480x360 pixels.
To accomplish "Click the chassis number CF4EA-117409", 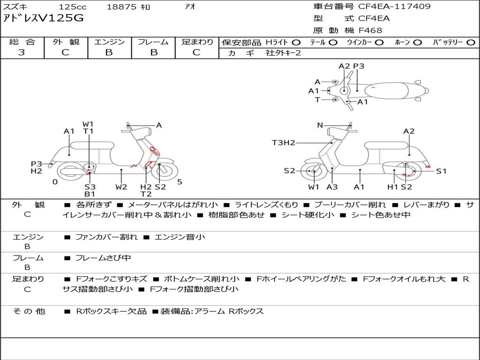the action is [x=394, y=6].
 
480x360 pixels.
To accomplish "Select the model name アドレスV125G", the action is [x=43, y=18].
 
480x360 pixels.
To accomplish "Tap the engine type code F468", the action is [x=370, y=30].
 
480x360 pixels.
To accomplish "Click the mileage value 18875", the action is [x=121, y=7].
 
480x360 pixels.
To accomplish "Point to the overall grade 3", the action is [x=22, y=52].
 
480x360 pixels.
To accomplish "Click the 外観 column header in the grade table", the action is [x=66, y=42].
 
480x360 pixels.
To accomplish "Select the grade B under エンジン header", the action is [x=109, y=52].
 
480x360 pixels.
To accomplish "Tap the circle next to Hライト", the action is [x=296, y=43].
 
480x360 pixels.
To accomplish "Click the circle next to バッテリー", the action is [x=471, y=43].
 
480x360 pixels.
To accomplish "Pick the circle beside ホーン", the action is [x=418, y=43].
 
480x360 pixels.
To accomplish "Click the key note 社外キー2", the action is [x=283, y=53].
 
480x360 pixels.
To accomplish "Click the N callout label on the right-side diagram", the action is [x=320, y=125].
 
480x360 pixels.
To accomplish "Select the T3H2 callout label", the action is [x=284, y=142].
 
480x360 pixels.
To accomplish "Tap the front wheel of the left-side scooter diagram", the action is [x=164, y=171].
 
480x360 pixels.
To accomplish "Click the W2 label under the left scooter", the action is [x=121, y=187].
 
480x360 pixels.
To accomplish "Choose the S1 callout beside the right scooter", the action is [x=441, y=171].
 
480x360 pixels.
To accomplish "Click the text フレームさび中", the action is [x=103, y=258].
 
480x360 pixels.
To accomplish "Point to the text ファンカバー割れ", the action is [x=106, y=237].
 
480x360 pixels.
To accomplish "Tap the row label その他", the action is [x=29, y=311].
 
